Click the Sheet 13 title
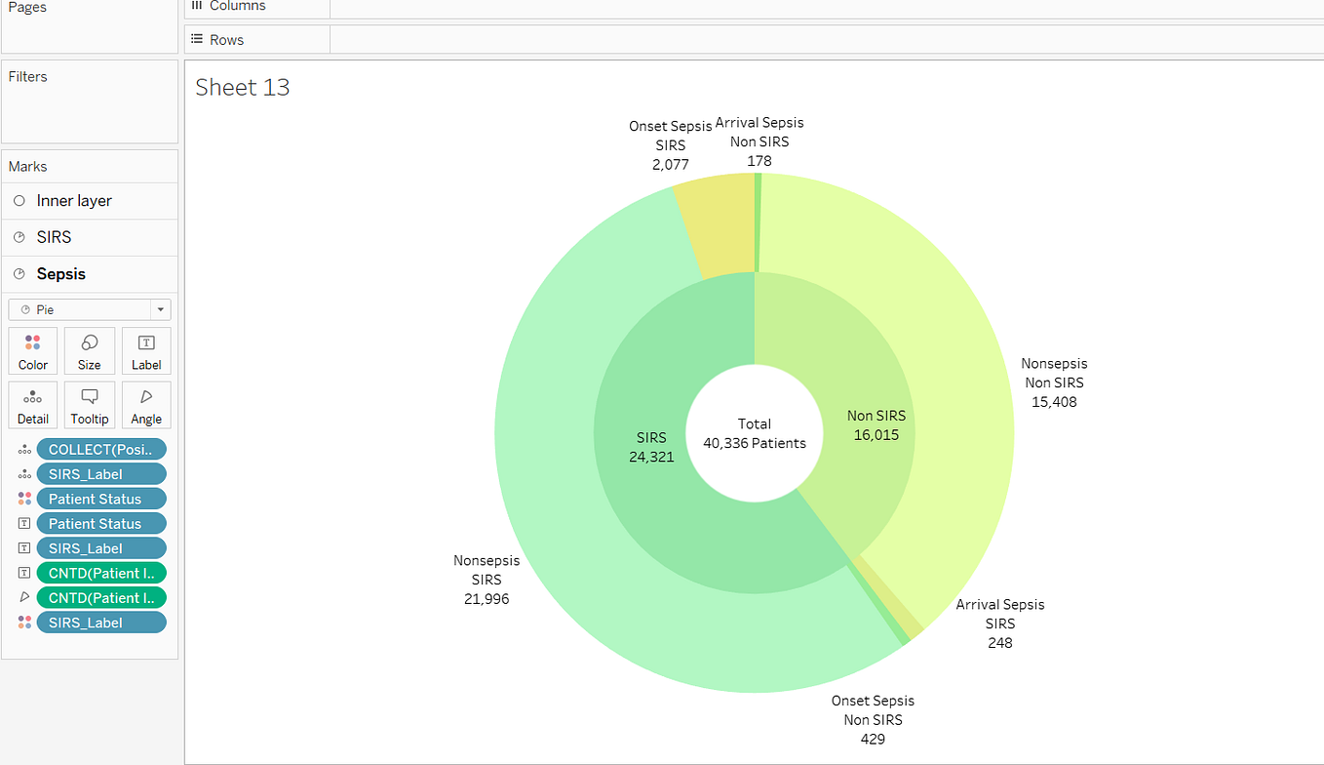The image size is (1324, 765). tap(243, 87)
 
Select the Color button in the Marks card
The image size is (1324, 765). tap(33, 351)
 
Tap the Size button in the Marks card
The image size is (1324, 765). tap(90, 351)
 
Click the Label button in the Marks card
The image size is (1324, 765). tap(146, 351)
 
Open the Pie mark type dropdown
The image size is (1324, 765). tap(90, 309)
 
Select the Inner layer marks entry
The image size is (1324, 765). tap(74, 201)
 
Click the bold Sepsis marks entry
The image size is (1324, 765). tap(61, 274)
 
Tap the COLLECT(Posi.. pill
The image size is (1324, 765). tap(101, 449)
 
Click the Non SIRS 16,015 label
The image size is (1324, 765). tap(876, 425)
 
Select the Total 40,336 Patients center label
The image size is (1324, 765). tap(755, 433)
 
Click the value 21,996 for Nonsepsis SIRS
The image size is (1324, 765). tap(487, 598)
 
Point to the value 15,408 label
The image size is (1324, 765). tap(1054, 401)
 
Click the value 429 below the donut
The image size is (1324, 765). tap(873, 739)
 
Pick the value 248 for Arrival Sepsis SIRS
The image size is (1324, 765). tap(999, 642)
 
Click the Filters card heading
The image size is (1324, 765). tap(27, 77)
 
